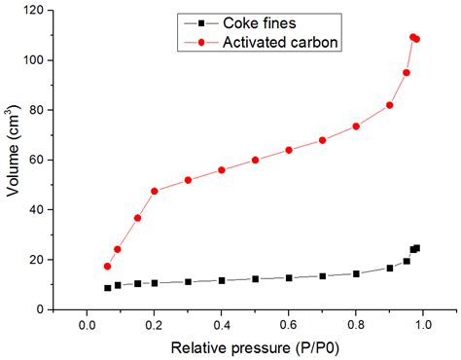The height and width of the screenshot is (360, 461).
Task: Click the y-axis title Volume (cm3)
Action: tap(14, 160)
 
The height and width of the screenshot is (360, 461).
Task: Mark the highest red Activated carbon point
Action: tap(413, 37)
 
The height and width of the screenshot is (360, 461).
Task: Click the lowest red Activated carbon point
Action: tap(107, 266)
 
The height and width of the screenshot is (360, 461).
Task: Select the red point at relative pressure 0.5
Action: tap(255, 160)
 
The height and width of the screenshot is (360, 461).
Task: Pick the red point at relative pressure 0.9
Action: tap(389, 105)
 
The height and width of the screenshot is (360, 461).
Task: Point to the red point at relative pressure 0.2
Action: tap(155, 191)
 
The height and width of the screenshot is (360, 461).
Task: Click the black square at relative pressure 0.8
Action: tap(356, 273)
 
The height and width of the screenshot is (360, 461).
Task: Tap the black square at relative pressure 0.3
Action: tap(188, 282)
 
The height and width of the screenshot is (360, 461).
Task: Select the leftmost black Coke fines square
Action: tap(107, 288)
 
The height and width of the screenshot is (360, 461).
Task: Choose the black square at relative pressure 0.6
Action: tap(289, 278)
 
